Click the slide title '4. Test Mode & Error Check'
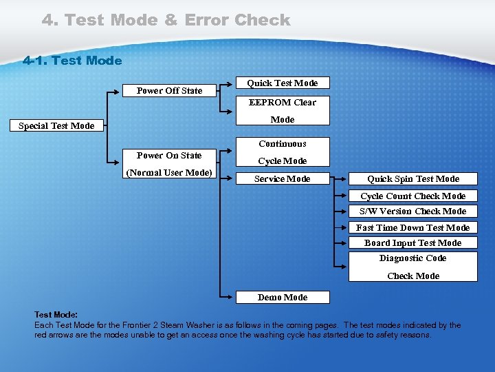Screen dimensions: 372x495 coord(166,20)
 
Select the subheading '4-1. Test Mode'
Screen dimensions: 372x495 coord(72,61)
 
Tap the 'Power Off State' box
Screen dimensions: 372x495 coord(169,90)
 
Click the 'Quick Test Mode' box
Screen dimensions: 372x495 coord(282,83)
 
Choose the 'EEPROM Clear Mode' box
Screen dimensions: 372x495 coord(282,111)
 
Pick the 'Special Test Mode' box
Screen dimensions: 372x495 coord(56,125)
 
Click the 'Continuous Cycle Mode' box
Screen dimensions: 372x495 coord(282,152)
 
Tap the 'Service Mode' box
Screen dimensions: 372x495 coord(282,178)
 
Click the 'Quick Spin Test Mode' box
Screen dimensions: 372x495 coord(412,178)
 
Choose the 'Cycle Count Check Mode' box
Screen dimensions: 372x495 coord(412,196)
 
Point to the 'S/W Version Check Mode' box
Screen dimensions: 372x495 coord(412,211)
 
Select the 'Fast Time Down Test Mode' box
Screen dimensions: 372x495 coord(412,227)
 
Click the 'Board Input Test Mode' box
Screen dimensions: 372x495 coord(412,242)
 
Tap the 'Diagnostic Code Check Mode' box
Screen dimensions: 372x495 coord(412,267)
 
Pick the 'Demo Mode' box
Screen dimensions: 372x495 coord(282,297)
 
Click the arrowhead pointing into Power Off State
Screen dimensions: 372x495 coord(118,90)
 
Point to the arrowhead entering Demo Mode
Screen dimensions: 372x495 coord(232,297)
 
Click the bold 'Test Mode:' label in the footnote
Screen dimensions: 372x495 coord(56,314)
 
